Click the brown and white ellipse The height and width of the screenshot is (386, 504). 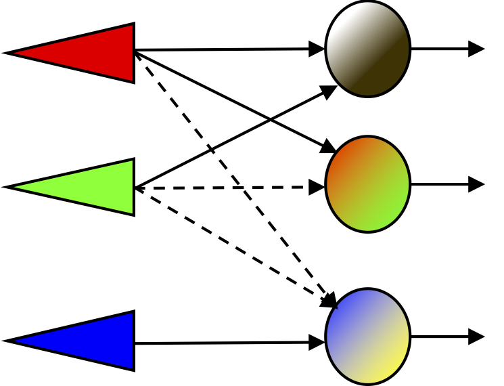[x=367, y=49]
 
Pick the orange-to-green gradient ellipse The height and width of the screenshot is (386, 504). [x=367, y=184]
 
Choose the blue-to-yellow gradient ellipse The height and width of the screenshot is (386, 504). [x=367, y=336]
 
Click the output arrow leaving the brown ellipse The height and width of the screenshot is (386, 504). [x=446, y=49]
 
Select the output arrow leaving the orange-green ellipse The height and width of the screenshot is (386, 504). [x=446, y=184]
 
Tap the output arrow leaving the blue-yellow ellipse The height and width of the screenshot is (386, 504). [x=446, y=336]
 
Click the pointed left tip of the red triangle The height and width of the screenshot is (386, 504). [x=9, y=52]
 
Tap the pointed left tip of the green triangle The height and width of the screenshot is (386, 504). [x=9, y=187]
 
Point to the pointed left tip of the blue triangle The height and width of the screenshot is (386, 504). [x=9, y=341]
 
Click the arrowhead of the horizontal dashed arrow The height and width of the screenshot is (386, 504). [x=318, y=187]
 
